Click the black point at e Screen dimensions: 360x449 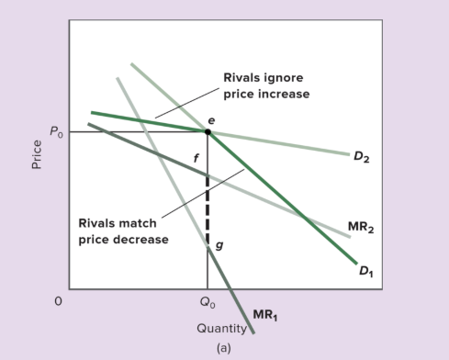click(x=208, y=131)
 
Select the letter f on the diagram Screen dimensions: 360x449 click(x=195, y=160)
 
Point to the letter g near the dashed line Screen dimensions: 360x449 click(x=218, y=245)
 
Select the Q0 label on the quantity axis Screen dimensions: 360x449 click(x=207, y=300)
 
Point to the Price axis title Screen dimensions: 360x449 click(x=37, y=153)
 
